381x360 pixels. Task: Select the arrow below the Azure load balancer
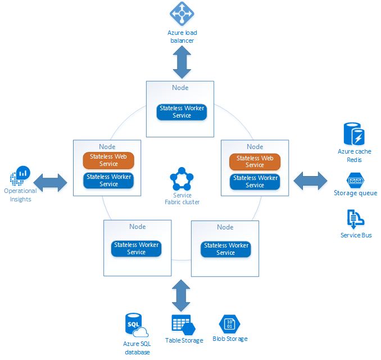tap(182, 62)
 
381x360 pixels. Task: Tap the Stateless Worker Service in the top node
tap(182, 112)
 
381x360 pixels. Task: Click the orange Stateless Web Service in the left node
tap(108, 160)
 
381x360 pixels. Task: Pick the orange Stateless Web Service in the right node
tap(255, 162)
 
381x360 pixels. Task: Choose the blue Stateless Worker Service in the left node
tap(108, 181)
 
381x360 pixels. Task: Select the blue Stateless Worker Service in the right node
tap(255, 182)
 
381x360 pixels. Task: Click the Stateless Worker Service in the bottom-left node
tap(137, 249)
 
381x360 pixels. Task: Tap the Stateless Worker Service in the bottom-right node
tap(225, 249)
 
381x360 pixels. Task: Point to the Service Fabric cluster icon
tap(182, 179)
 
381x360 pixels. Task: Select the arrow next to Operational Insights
tap(54, 182)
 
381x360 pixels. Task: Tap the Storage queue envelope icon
tap(355, 180)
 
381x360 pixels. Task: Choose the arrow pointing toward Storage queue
tap(310, 181)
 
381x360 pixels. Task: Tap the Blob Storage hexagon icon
tap(229, 324)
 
